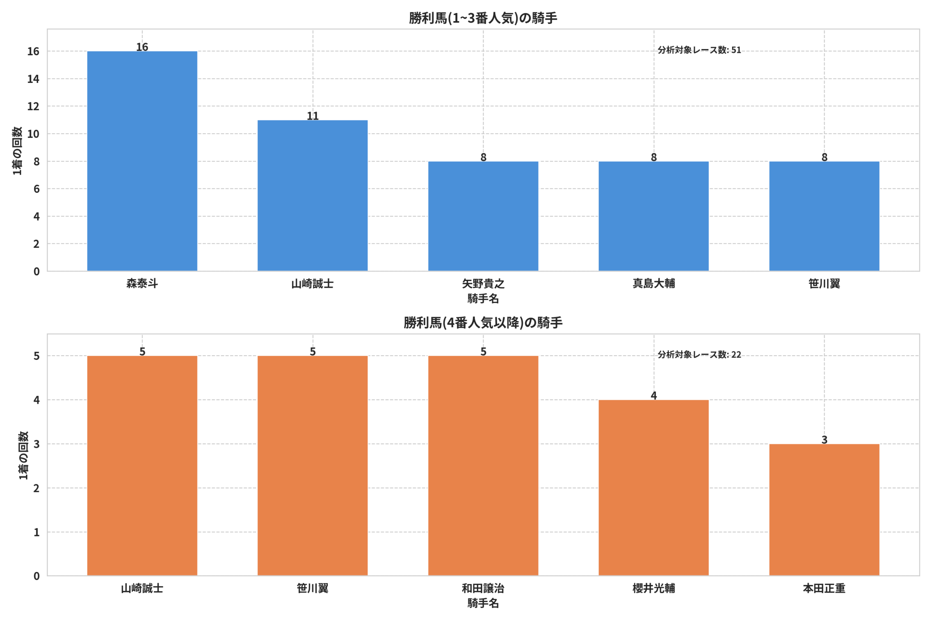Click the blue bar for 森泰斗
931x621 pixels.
[142, 161]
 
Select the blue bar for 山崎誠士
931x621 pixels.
[312, 195]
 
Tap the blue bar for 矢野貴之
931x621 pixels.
[483, 216]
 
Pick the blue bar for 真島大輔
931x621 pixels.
[654, 216]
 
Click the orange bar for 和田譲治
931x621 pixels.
[483, 465]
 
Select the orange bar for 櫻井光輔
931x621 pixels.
[654, 487]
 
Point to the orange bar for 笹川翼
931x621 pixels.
[312, 465]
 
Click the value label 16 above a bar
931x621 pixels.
[142, 47]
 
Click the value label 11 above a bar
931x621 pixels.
[312, 116]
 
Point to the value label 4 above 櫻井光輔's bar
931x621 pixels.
[654, 395]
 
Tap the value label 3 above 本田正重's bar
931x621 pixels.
[824, 439]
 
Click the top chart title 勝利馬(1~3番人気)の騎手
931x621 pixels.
[483, 18]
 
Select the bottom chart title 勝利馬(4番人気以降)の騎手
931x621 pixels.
[483, 323]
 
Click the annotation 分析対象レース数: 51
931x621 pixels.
[699, 50]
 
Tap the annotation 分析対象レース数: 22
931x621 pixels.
[699, 354]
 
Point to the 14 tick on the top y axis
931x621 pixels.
[33, 79]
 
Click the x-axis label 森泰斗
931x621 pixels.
[142, 283]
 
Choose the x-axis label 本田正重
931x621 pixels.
[824, 589]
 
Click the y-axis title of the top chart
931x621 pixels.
[17, 151]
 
